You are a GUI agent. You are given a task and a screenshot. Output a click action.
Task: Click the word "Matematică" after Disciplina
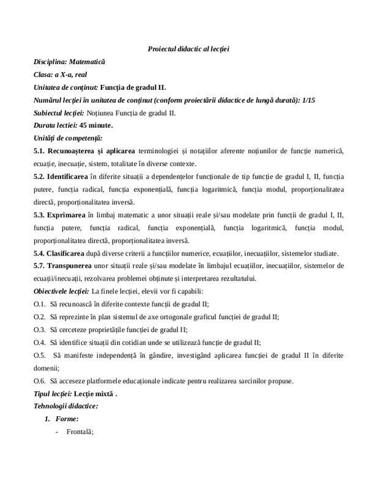click(x=87, y=62)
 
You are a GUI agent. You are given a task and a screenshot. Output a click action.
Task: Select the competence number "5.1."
click(x=42, y=151)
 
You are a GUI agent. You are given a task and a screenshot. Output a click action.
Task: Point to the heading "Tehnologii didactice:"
click(x=65, y=406)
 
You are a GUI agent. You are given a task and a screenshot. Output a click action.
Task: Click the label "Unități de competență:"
click(x=68, y=138)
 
